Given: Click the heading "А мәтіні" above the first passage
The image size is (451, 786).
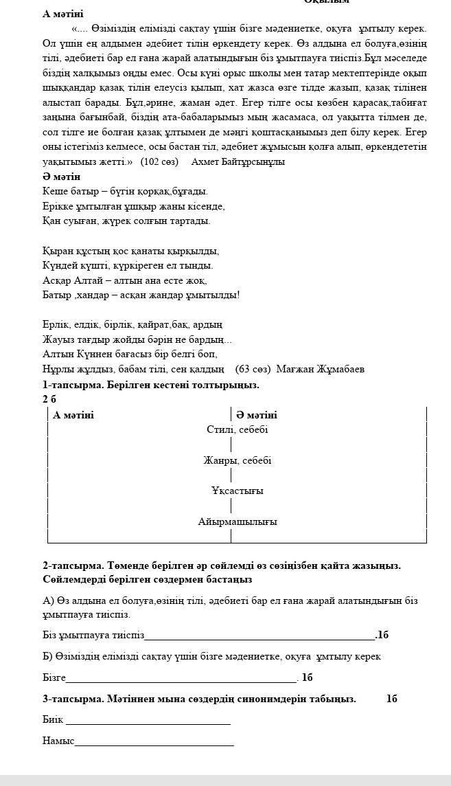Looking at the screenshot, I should click(62, 14).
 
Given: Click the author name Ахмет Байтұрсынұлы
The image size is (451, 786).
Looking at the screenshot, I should click(238, 162).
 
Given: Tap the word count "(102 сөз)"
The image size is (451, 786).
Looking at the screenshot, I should click(159, 162).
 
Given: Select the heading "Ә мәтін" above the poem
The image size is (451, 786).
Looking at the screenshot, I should click(62, 177).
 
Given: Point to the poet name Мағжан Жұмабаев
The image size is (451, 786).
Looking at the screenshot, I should click(321, 369).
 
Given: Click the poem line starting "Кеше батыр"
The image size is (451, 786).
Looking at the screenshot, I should click(125, 191).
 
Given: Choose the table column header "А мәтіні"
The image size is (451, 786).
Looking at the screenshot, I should click(73, 415).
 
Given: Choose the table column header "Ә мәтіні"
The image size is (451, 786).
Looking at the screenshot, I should click(257, 415).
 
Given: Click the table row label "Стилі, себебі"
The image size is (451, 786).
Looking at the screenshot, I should click(237, 429).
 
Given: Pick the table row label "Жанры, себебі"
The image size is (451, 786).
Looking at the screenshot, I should click(237, 460).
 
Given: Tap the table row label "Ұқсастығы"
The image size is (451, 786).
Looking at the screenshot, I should click(237, 491).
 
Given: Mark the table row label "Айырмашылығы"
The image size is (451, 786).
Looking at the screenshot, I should click(237, 521).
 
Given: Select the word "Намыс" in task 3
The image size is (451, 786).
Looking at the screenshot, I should click(58, 741).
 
